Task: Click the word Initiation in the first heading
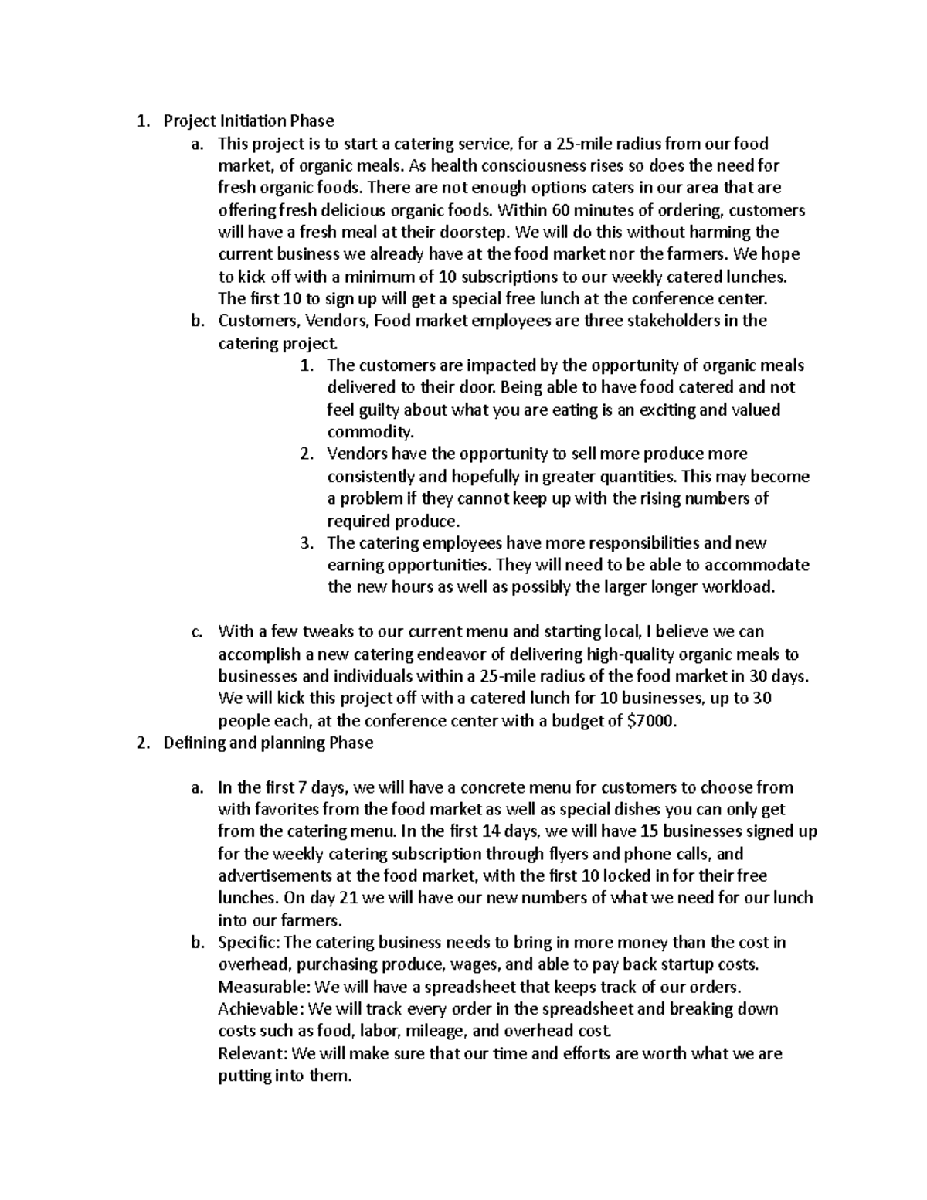click(x=253, y=121)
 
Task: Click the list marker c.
click(x=196, y=632)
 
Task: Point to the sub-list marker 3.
click(x=306, y=543)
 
